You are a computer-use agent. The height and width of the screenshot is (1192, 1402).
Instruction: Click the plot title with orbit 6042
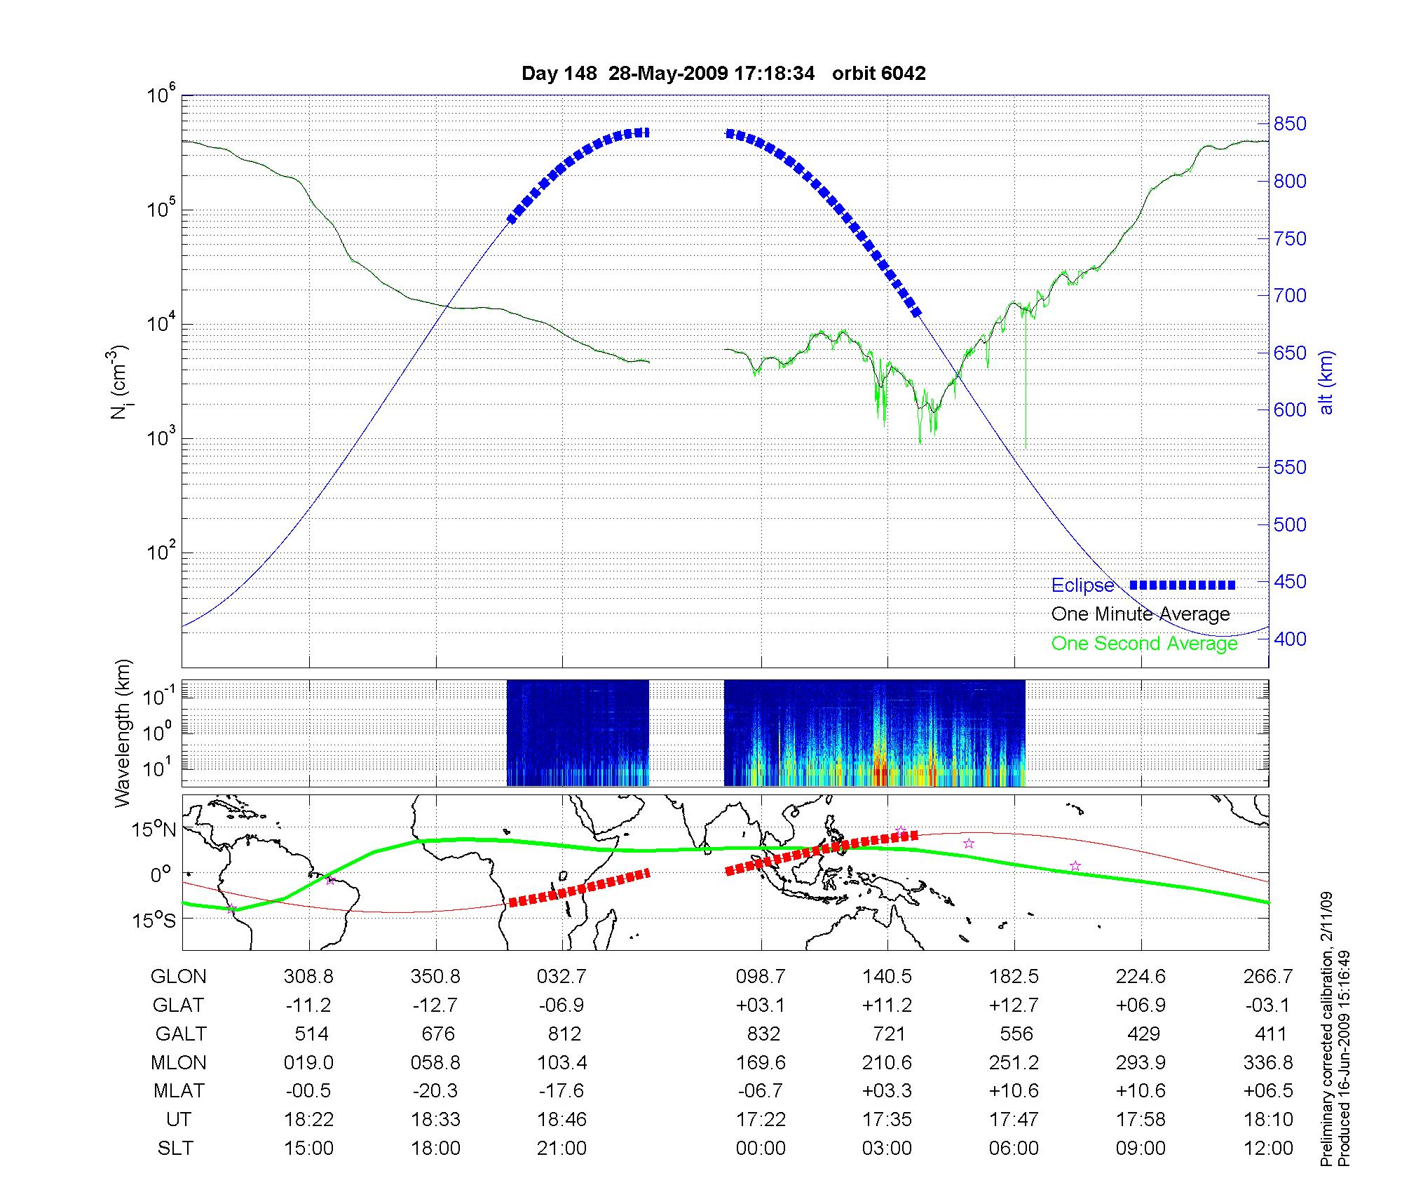[723, 73]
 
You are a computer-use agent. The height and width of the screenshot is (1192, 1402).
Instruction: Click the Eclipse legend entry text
[1082, 585]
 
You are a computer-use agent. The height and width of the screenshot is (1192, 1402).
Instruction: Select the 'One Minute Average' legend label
[1141, 614]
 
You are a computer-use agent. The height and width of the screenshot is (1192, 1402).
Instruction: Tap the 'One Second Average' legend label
[1144, 643]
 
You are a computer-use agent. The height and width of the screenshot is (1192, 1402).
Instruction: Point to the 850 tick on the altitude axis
[1290, 124]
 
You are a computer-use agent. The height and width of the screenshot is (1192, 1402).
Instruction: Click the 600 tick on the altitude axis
[1290, 409]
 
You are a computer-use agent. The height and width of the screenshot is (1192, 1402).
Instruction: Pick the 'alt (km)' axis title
[1326, 382]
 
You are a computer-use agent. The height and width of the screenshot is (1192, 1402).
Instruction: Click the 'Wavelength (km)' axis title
[123, 733]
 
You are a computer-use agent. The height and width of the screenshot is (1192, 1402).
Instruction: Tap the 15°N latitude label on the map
[154, 830]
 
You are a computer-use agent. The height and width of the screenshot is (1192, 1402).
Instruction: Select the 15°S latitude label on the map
[154, 920]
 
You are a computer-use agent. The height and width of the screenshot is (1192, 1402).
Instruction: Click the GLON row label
[179, 976]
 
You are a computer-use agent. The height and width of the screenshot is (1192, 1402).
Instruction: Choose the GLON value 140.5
[887, 976]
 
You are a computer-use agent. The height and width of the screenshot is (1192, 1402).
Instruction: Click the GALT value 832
[763, 1034]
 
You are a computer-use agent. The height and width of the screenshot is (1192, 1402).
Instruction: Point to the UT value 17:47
[1014, 1119]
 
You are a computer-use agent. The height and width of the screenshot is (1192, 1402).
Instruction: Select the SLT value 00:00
[761, 1148]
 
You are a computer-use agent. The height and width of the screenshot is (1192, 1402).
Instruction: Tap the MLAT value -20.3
[435, 1091]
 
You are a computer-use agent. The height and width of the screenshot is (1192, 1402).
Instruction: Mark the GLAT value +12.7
[1014, 1005]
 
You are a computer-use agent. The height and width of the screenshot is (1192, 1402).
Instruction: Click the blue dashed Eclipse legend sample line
[1183, 585]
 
